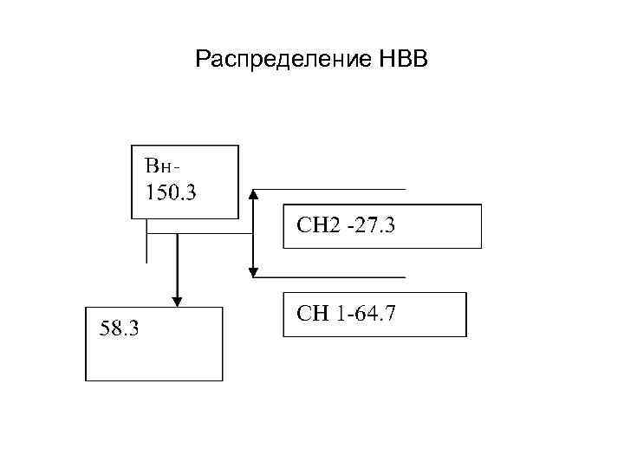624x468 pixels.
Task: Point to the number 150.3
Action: click(x=171, y=191)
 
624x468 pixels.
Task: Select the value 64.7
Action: click(x=375, y=312)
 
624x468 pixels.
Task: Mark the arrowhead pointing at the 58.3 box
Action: click(x=177, y=301)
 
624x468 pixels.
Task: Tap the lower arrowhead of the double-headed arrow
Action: click(x=253, y=271)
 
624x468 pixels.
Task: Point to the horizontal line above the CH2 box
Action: click(x=329, y=189)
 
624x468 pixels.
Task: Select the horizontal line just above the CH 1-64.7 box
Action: click(x=329, y=277)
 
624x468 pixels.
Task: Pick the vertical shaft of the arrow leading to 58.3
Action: click(x=177, y=264)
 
